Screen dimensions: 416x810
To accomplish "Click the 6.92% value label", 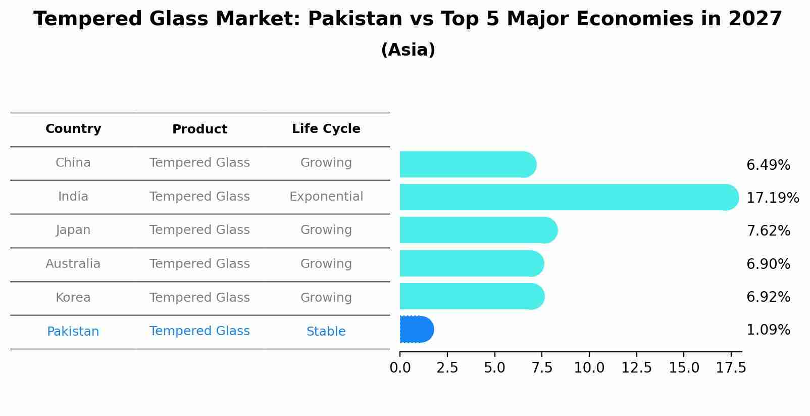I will tap(768, 297).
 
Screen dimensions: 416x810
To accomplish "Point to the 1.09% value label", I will tap(768, 330).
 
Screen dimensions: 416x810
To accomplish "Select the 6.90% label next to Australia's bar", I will tap(768, 264).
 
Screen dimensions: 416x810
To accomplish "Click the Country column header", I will tap(73, 129).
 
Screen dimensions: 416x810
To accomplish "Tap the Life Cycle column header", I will tap(326, 129).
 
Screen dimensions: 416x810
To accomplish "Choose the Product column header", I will tap(199, 129).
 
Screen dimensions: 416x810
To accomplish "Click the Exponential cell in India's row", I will tap(326, 197).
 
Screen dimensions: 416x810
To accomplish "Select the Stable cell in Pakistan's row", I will tap(326, 332).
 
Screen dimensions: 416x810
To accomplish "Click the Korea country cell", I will tap(73, 298).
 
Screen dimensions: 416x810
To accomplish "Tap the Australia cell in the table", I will tap(73, 264).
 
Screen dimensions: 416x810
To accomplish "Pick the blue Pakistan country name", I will tap(73, 332).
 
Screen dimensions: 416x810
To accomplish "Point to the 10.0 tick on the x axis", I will tap(589, 368).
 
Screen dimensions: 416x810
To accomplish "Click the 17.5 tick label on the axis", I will tap(731, 368).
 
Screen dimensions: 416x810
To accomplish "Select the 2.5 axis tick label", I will tap(447, 368).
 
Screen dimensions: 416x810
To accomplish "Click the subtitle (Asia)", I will tap(408, 50).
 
